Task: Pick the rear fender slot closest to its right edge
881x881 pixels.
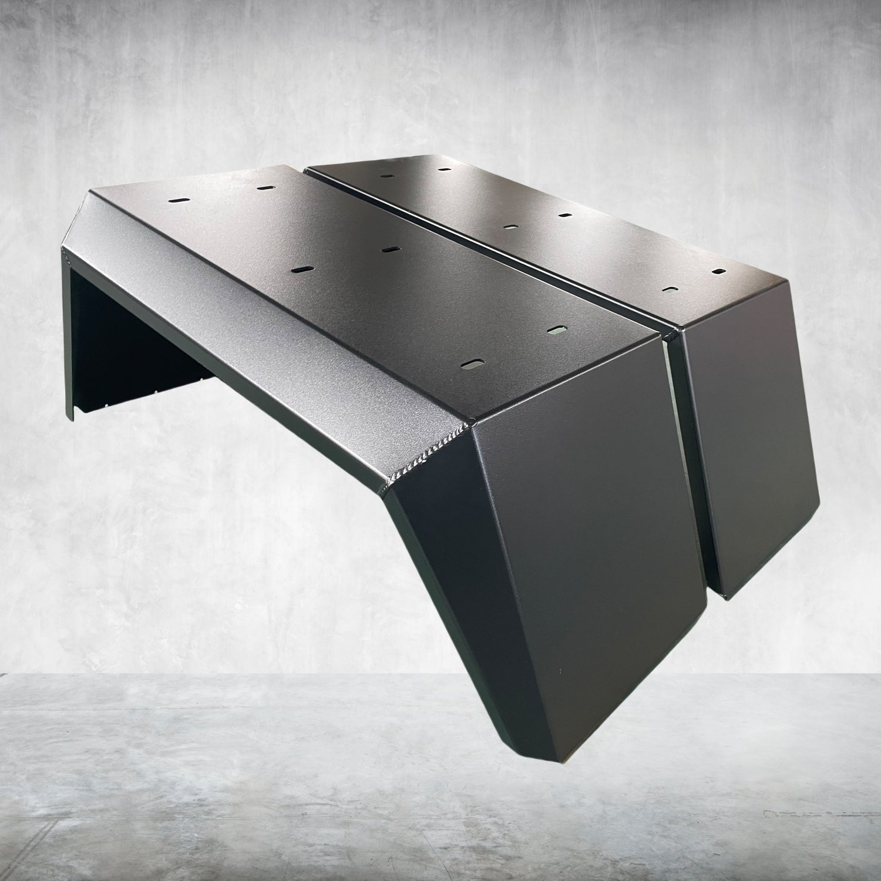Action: (x=718, y=272)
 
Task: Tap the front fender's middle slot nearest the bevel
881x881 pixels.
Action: (x=304, y=268)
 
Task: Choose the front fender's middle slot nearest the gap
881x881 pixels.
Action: (x=387, y=249)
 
